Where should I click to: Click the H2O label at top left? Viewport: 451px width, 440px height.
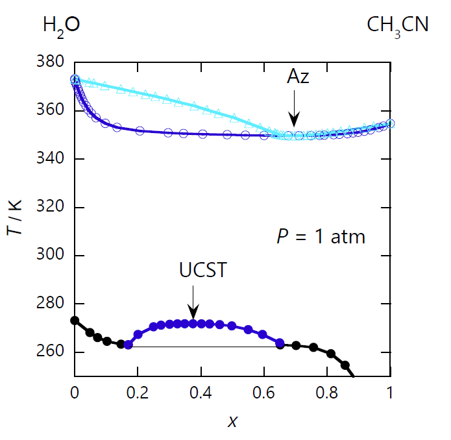[61, 26]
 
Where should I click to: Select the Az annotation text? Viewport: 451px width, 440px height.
[298, 78]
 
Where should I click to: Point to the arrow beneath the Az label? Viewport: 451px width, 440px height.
[295, 110]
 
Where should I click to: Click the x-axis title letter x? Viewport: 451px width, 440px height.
[232, 422]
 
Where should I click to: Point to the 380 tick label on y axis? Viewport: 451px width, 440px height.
[53, 62]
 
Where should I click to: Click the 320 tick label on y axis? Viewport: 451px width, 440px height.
[53, 208]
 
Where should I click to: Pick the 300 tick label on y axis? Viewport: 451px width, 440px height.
[53, 256]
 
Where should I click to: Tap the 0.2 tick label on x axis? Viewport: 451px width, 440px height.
[138, 393]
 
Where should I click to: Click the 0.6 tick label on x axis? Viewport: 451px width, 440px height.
[264, 393]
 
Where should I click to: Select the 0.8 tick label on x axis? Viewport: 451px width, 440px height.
[327, 393]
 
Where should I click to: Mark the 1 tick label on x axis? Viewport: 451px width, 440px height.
[390, 393]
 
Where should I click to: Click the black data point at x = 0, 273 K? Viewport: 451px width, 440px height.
[75, 321]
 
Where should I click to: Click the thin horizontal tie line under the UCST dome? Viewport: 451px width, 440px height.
[201, 347]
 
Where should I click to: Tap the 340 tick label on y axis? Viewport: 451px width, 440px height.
[53, 159]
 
